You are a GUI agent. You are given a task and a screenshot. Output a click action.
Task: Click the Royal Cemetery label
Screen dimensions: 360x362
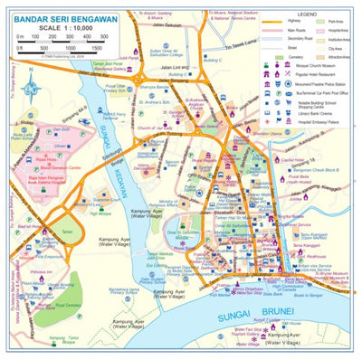coord(68,306)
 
